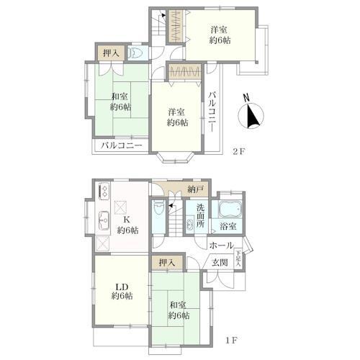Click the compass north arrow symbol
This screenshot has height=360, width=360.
(251, 116)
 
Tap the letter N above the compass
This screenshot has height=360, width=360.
(246, 97)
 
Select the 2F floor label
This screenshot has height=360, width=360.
(238, 152)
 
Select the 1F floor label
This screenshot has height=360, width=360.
(232, 341)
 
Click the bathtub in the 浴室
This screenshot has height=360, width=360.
(230, 209)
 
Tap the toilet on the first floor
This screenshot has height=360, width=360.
(158, 207)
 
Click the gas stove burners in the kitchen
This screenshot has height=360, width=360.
(104, 191)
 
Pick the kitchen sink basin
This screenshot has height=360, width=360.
(104, 220)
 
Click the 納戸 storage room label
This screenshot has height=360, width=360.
(196, 189)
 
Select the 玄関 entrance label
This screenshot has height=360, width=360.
(220, 262)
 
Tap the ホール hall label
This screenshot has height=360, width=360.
(221, 246)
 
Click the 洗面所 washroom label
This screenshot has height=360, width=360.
(200, 216)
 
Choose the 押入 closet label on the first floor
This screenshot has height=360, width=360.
(167, 263)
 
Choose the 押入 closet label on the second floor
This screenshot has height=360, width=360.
(112, 53)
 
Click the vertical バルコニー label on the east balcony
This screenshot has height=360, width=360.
(212, 112)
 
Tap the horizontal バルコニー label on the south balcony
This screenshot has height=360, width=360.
(122, 145)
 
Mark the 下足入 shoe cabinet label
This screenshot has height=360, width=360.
(238, 258)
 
